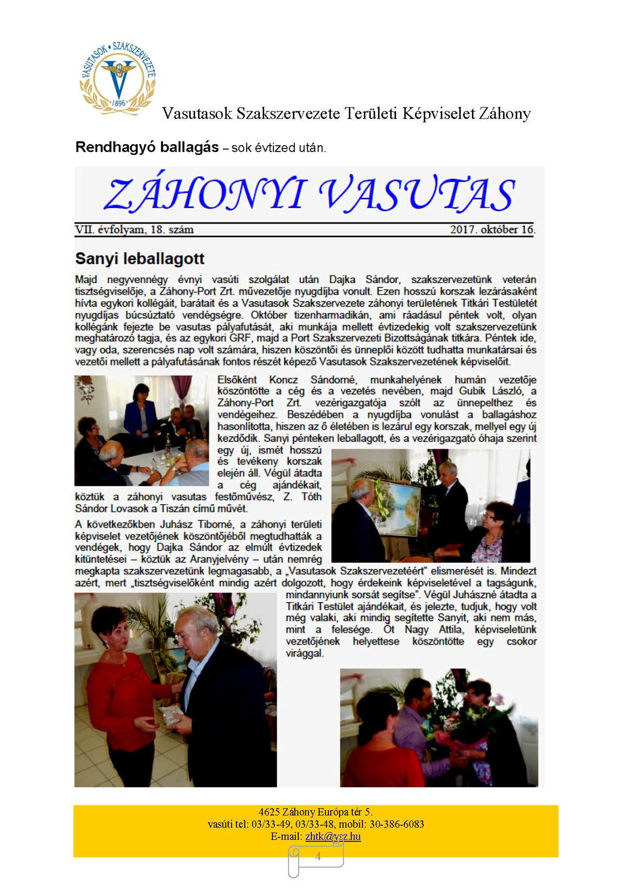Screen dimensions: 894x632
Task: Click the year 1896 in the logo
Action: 118,102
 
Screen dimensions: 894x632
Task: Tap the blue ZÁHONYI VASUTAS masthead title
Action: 310,194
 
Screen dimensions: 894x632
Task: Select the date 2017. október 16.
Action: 492,230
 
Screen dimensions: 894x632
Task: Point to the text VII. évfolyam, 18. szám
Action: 134,230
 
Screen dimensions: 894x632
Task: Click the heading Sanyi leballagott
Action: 139,259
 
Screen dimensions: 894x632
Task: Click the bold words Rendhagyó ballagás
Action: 147,147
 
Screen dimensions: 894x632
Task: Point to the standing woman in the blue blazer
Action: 140,411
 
